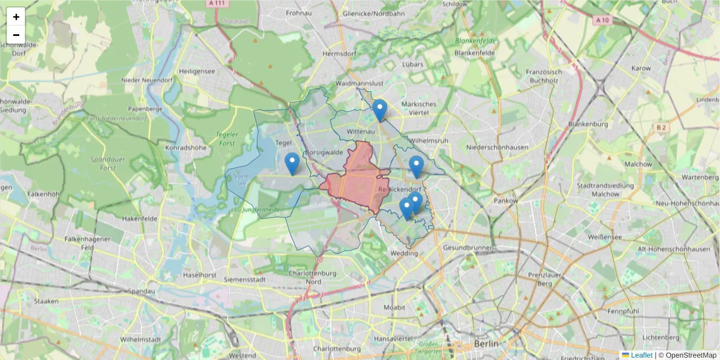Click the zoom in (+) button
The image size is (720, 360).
click(x=16, y=17)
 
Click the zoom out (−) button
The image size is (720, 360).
click(x=16, y=35)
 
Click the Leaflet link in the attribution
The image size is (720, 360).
click(x=641, y=355)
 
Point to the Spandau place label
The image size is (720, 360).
click(x=142, y=291)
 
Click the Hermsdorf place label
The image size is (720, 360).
click(x=339, y=53)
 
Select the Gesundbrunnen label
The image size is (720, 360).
click(x=467, y=248)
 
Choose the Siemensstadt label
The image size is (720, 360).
click(x=244, y=280)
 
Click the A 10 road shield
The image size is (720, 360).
click(x=602, y=20)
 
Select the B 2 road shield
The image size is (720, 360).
click(x=661, y=127)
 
